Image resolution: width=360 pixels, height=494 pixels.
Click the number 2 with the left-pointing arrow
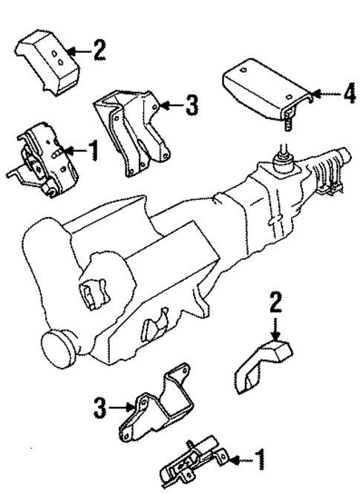(x=99, y=51)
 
